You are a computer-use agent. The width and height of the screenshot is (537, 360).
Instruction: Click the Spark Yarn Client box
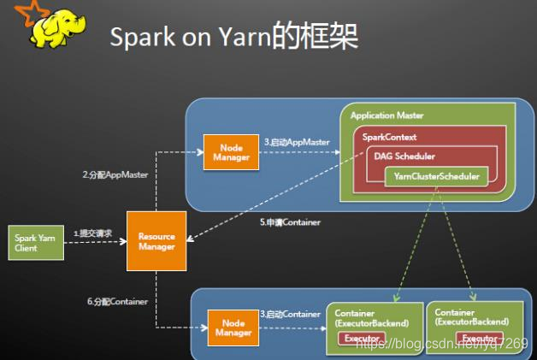pyautogui.click(x=35, y=243)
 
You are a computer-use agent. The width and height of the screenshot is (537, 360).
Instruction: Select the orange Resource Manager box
pyautogui.click(x=156, y=242)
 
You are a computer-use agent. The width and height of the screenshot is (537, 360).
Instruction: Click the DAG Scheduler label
pyautogui.click(x=404, y=156)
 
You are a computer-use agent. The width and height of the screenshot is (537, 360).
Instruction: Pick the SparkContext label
pyautogui.click(x=389, y=137)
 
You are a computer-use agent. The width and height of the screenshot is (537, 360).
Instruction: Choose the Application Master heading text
pyautogui.click(x=387, y=115)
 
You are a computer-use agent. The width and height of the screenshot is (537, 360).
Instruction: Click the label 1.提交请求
pyautogui.click(x=92, y=233)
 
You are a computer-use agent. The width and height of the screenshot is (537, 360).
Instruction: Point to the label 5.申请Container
pyautogui.click(x=290, y=222)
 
